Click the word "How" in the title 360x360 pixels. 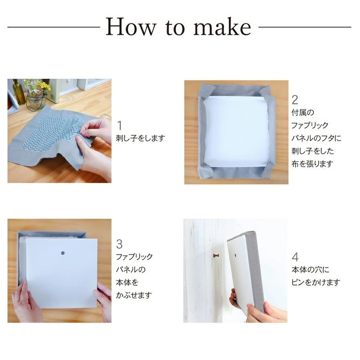tap(130, 27)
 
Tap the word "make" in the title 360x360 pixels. tap(222, 27)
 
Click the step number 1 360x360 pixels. tap(119, 126)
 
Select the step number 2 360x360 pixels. tap(295, 100)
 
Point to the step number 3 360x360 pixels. tap(119, 244)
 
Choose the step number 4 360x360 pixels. tap(295, 257)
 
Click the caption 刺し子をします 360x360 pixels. tap(140, 138)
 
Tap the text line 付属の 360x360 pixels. tap(302, 112)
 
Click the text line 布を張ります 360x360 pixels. tap(312, 164)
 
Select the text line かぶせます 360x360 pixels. tap(134, 295)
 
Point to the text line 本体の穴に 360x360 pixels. tap(310, 270)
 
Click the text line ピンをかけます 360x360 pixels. tap(316, 283)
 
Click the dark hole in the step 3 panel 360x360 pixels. tap(63, 253)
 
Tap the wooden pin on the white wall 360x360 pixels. tap(216, 255)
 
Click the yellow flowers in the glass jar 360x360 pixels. tap(44, 85)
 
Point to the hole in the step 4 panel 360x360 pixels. tap(236, 255)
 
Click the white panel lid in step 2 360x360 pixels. tap(237, 131)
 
